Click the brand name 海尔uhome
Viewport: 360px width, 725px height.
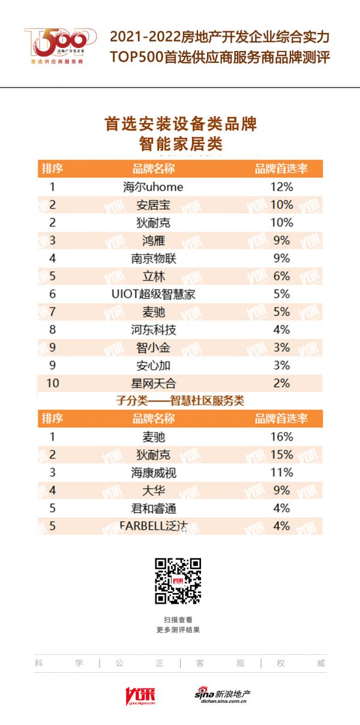(x=153, y=187)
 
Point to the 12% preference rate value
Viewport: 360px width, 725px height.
(x=281, y=187)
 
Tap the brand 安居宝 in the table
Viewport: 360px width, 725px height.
(x=153, y=205)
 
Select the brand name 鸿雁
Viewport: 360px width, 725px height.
(x=153, y=240)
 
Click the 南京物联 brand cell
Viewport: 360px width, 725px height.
(x=153, y=258)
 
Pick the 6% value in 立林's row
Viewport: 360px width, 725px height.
(x=281, y=276)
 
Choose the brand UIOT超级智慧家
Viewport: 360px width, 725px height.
(x=153, y=294)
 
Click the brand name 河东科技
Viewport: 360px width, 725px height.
(x=153, y=329)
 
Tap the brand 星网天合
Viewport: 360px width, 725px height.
(x=153, y=383)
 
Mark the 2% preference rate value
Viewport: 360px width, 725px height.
(x=281, y=383)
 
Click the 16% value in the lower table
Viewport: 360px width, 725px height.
(x=281, y=436)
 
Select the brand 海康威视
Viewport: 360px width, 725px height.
(x=153, y=472)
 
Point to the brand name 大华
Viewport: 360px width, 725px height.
(x=153, y=490)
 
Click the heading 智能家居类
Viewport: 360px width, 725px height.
(x=181, y=144)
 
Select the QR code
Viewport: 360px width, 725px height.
(x=178, y=581)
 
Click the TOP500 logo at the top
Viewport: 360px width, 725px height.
(x=59, y=45)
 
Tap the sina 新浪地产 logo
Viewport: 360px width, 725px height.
(x=222, y=695)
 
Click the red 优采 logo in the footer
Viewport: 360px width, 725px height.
(x=140, y=695)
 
